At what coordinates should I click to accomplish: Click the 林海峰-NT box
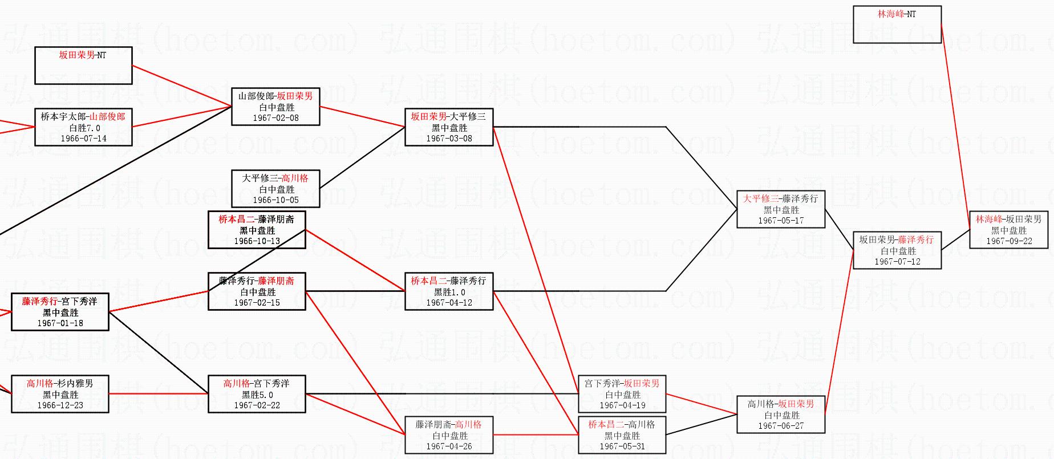[x=897, y=25]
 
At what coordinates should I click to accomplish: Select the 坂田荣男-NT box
[x=83, y=66]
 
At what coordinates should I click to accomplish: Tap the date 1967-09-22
[x=1009, y=241]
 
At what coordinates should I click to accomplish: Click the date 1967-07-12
[x=897, y=262]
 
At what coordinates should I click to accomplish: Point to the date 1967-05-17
[x=781, y=221]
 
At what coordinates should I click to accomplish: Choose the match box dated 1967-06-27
[x=781, y=415]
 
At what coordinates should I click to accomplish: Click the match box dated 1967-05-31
[x=622, y=435]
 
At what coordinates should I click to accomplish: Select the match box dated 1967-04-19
[x=622, y=394]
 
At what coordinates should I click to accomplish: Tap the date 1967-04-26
[x=449, y=446]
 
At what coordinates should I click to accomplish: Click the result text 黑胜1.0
[x=449, y=292]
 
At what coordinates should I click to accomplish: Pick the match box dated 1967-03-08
[x=449, y=127]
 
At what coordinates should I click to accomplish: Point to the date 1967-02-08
[x=275, y=118]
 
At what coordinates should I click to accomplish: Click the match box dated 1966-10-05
[x=275, y=189]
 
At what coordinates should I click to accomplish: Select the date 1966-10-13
[x=257, y=241]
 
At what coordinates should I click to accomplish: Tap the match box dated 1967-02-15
[x=257, y=291]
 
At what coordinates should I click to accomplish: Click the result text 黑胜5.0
[x=257, y=395]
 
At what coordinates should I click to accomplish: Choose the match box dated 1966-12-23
[x=60, y=394]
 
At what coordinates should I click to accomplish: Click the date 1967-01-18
[x=60, y=323]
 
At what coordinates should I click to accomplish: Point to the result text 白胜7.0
[x=84, y=128]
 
